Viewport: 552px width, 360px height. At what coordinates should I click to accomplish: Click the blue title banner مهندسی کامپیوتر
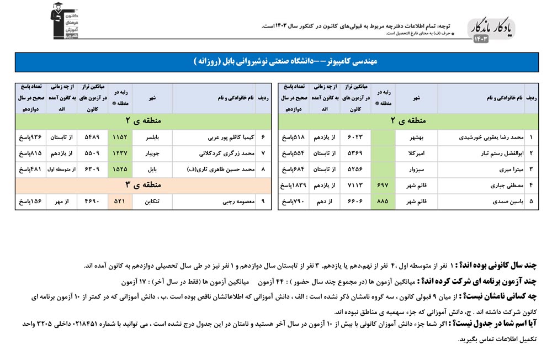276,62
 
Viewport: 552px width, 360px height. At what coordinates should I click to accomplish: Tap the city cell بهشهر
416,136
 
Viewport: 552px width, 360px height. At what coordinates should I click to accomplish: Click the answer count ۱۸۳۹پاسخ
294,186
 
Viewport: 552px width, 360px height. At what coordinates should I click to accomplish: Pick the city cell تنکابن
152,202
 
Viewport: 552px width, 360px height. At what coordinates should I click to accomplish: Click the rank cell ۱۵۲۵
120,169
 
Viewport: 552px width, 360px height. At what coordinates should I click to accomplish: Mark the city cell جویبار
152,153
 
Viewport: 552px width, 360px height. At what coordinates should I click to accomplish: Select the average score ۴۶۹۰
92,202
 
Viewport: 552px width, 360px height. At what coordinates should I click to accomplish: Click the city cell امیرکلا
416,153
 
